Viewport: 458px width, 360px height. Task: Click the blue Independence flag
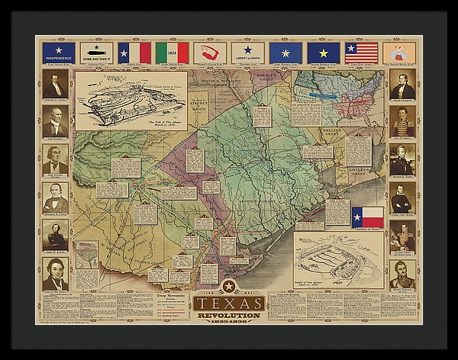pyautogui.click(x=59, y=52)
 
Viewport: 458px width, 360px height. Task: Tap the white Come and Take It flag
pyautogui.click(x=96, y=52)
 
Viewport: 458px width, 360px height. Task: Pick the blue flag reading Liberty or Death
pyautogui.click(x=247, y=52)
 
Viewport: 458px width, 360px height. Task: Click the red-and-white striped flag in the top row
pyautogui.click(x=361, y=52)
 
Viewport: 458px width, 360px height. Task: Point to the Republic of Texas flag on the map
pyautogui.click(x=367, y=216)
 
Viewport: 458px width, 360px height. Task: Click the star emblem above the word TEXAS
pyautogui.click(x=227, y=287)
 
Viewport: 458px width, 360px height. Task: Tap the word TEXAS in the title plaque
pyautogui.click(x=228, y=303)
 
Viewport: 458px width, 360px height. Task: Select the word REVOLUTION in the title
pyautogui.click(x=228, y=314)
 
